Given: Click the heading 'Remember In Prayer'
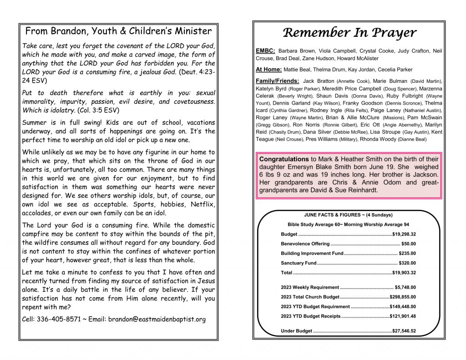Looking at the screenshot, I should click(x=349, y=33).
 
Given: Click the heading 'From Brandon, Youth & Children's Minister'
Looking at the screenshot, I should click(x=118, y=31).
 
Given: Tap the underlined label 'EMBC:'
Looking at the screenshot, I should click(x=265, y=51).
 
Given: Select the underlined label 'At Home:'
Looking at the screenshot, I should click(x=268, y=70).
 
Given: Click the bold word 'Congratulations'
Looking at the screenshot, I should click(x=284, y=159).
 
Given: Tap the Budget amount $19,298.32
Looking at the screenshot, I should click(x=404, y=234).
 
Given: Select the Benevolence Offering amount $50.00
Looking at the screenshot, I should click(x=408, y=244).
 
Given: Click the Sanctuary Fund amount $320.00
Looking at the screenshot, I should click(x=407, y=263).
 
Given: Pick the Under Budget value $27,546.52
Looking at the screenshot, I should click(x=404, y=331).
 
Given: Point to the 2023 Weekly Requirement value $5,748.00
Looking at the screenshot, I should click(x=405, y=287).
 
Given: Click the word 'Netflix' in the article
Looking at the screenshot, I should click(x=203, y=204).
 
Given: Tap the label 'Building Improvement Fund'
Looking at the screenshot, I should click(x=312, y=254).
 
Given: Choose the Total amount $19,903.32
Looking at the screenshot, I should click(x=404, y=273).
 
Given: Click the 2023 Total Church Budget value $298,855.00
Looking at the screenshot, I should click(x=403, y=297).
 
